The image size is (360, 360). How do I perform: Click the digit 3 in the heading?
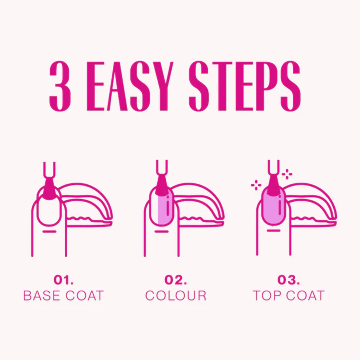[61, 86]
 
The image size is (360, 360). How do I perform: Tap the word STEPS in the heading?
[244, 86]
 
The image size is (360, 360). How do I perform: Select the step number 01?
[64, 285]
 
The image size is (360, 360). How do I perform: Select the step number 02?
[175, 285]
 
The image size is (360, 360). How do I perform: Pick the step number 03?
[289, 285]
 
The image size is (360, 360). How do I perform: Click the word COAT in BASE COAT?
[85, 301]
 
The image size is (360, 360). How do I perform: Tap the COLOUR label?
[175, 301]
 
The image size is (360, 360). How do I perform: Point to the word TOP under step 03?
[268, 301]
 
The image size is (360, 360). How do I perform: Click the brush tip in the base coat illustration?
[49, 189]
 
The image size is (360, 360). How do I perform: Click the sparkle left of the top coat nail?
[256, 185]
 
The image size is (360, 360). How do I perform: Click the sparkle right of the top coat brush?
[287, 174]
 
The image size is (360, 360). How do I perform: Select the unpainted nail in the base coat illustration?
[49, 207]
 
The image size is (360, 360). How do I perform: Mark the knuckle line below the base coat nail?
[49, 232]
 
